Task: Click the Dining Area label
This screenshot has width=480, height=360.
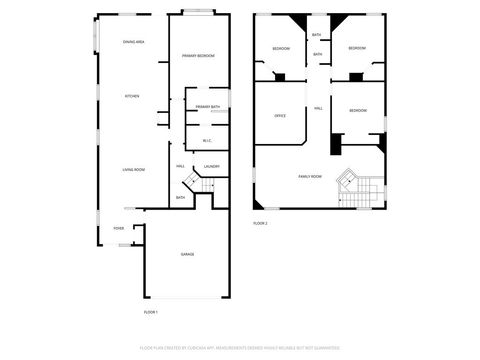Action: tap(133, 42)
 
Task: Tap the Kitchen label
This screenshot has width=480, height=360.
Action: tap(131, 96)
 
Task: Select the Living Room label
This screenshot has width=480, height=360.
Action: tap(130, 170)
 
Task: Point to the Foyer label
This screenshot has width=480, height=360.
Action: tap(118, 228)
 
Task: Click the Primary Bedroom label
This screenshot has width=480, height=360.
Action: tap(199, 55)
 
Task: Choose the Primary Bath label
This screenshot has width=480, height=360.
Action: tap(208, 106)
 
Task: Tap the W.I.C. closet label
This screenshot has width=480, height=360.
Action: tap(207, 140)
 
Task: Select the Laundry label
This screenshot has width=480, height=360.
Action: tap(211, 166)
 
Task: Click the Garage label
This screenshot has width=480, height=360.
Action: tap(187, 254)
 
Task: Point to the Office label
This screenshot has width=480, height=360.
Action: tap(281, 116)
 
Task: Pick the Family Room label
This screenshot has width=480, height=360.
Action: tap(310, 176)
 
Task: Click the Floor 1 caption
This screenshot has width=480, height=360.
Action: tap(151, 312)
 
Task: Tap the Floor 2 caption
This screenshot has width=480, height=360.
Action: tap(260, 223)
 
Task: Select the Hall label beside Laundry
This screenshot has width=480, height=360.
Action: tap(181, 166)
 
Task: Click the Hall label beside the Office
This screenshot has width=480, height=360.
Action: tap(318, 108)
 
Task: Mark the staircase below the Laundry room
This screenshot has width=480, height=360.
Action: tap(200, 184)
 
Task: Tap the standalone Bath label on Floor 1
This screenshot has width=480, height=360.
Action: tap(180, 197)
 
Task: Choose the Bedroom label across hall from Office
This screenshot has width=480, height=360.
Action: tap(358, 111)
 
